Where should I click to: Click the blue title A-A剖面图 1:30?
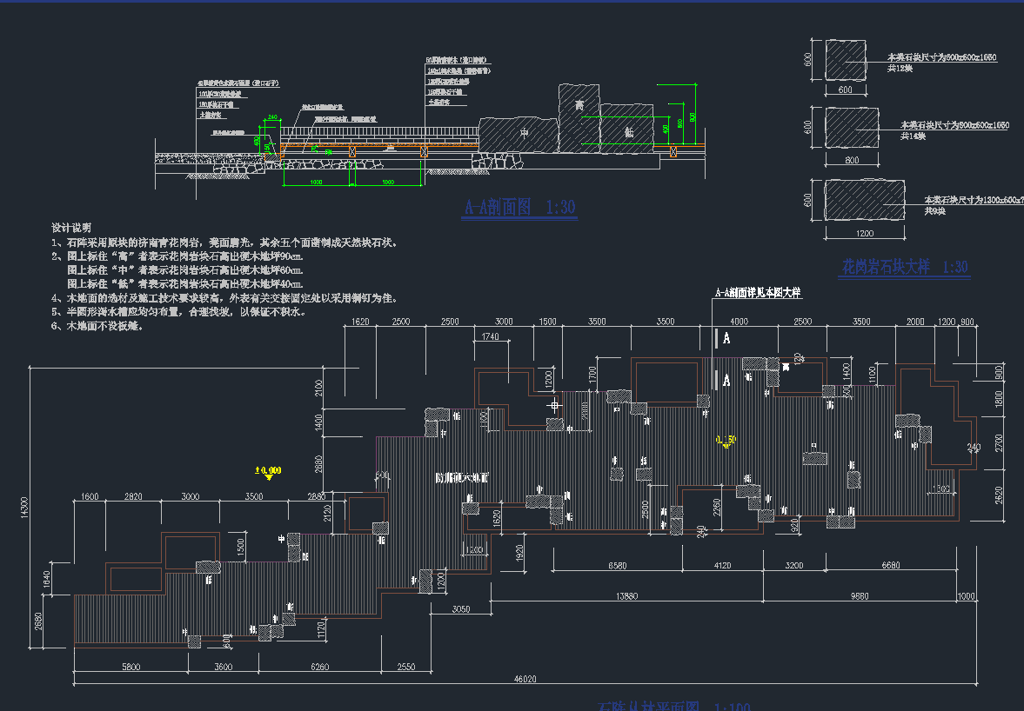520,208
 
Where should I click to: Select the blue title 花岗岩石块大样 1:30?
905,267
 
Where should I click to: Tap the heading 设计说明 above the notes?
71,227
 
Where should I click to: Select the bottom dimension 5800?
131,667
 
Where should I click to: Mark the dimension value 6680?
890,565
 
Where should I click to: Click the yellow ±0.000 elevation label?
267,471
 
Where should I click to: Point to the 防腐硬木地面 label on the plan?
462,478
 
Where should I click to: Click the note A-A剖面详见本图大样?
757,294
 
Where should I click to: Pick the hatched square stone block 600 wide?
845,59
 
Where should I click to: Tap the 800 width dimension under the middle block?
851,160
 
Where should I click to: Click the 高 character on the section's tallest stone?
579,105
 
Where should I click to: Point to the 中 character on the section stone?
524,133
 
